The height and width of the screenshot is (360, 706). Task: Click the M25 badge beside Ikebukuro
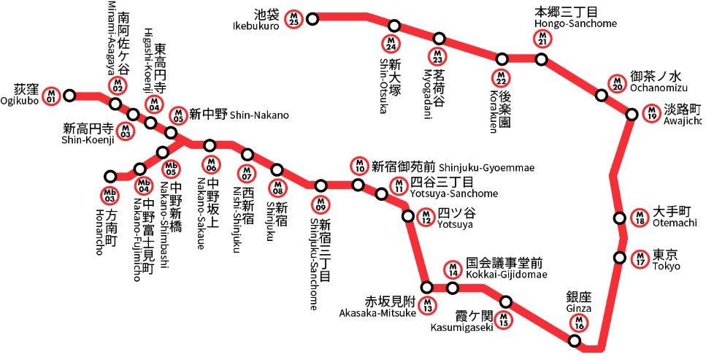pos(293,19)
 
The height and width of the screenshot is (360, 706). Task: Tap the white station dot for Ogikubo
pos(70,95)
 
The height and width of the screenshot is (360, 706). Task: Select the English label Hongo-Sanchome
pos(576,23)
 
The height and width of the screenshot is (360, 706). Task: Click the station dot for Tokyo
pos(620,258)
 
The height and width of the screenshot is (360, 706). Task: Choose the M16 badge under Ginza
pos(579,322)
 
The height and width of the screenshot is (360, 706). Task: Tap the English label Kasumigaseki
pos(461,327)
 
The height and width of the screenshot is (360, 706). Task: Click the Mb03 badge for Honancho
pos(110,195)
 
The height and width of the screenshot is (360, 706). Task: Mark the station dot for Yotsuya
pos(409,215)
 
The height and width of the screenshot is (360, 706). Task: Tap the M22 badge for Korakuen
pos(502,77)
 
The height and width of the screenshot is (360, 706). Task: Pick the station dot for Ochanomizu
pos(602,95)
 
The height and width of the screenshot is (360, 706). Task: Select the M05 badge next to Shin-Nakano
pos(178,115)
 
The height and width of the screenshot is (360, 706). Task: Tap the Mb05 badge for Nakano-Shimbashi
pos(171,169)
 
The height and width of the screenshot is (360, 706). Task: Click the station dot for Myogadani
pos(440,39)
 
